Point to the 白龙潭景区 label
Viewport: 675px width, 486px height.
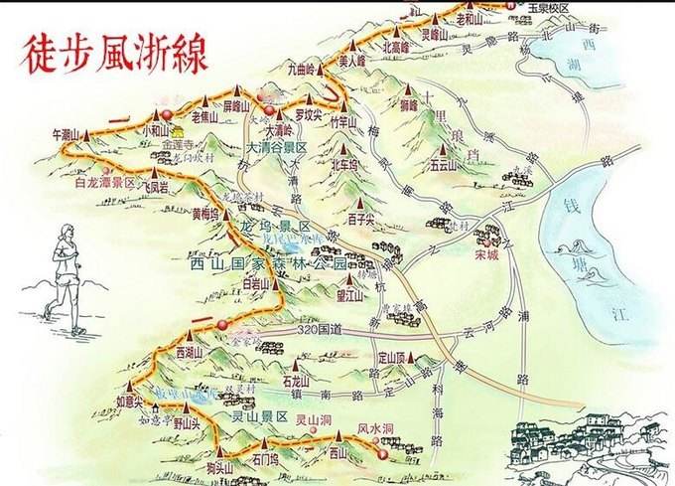pyautogui.click(x=104, y=184)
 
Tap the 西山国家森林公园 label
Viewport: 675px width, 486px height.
pyautogui.click(x=268, y=265)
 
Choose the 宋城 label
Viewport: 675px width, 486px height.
pyautogui.click(x=486, y=253)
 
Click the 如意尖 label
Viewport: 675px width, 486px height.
pyautogui.click(x=129, y=402)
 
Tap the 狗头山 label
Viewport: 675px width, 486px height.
pyautogui.click(x=219, y=468)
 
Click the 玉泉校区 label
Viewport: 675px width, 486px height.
pyautogui.click(x=548, y=7)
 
